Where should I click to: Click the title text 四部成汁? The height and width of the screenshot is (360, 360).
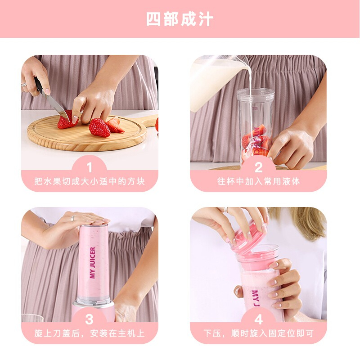(x=180, y=19)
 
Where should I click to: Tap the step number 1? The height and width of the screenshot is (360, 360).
(x=90, y=167)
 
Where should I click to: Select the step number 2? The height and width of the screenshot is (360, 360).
(x=258, y=167)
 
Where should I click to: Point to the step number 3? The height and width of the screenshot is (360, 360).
(x=89, y=319)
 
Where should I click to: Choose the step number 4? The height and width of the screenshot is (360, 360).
(x=258, y=319)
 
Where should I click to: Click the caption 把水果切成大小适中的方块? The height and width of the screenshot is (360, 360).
(x=90, y=181)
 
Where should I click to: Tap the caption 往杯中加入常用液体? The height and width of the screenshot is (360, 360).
(x=258, y=181)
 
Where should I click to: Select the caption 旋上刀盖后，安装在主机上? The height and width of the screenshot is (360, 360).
(x=90, y=333)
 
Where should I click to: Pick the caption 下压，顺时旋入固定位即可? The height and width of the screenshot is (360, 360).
(x=258, y=333)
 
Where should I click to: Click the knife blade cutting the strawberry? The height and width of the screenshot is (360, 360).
(x=56, y=106)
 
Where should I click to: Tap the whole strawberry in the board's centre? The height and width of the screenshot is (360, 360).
(x=99, y=128)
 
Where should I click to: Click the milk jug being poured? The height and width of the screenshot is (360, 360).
(x=216, y=81)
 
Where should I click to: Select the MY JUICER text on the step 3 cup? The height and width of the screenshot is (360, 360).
(x=93, y=263)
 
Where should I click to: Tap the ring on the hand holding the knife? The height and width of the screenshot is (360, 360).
(x=24, y=84)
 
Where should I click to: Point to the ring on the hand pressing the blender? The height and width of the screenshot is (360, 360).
(x=73, y=218)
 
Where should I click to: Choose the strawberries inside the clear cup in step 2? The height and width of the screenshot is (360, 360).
(x=255, y=142)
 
